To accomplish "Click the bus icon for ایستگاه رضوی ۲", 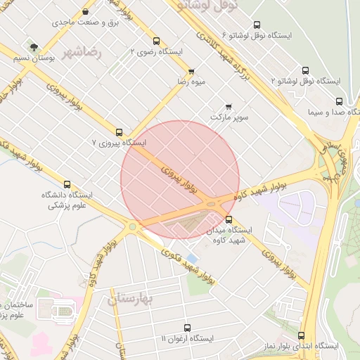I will coord(155,41).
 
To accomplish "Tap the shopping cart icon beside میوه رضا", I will coord(191,72).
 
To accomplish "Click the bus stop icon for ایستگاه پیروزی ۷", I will coord(119,131).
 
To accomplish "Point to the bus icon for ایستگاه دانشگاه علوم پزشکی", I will coord(67,184).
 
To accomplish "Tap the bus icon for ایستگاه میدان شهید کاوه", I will coord(228,219).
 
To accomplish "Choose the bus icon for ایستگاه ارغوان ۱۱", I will coord(186,328).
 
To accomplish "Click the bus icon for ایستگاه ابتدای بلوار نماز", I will coord(301,335).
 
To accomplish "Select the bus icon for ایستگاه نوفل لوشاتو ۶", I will coord(257,24).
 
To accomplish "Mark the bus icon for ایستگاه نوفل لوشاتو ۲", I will coord(304,70).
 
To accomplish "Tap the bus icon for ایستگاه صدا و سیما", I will coord(339,101).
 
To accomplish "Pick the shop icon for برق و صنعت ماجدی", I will coord(85,12).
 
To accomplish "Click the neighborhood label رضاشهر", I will coord(82,52).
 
